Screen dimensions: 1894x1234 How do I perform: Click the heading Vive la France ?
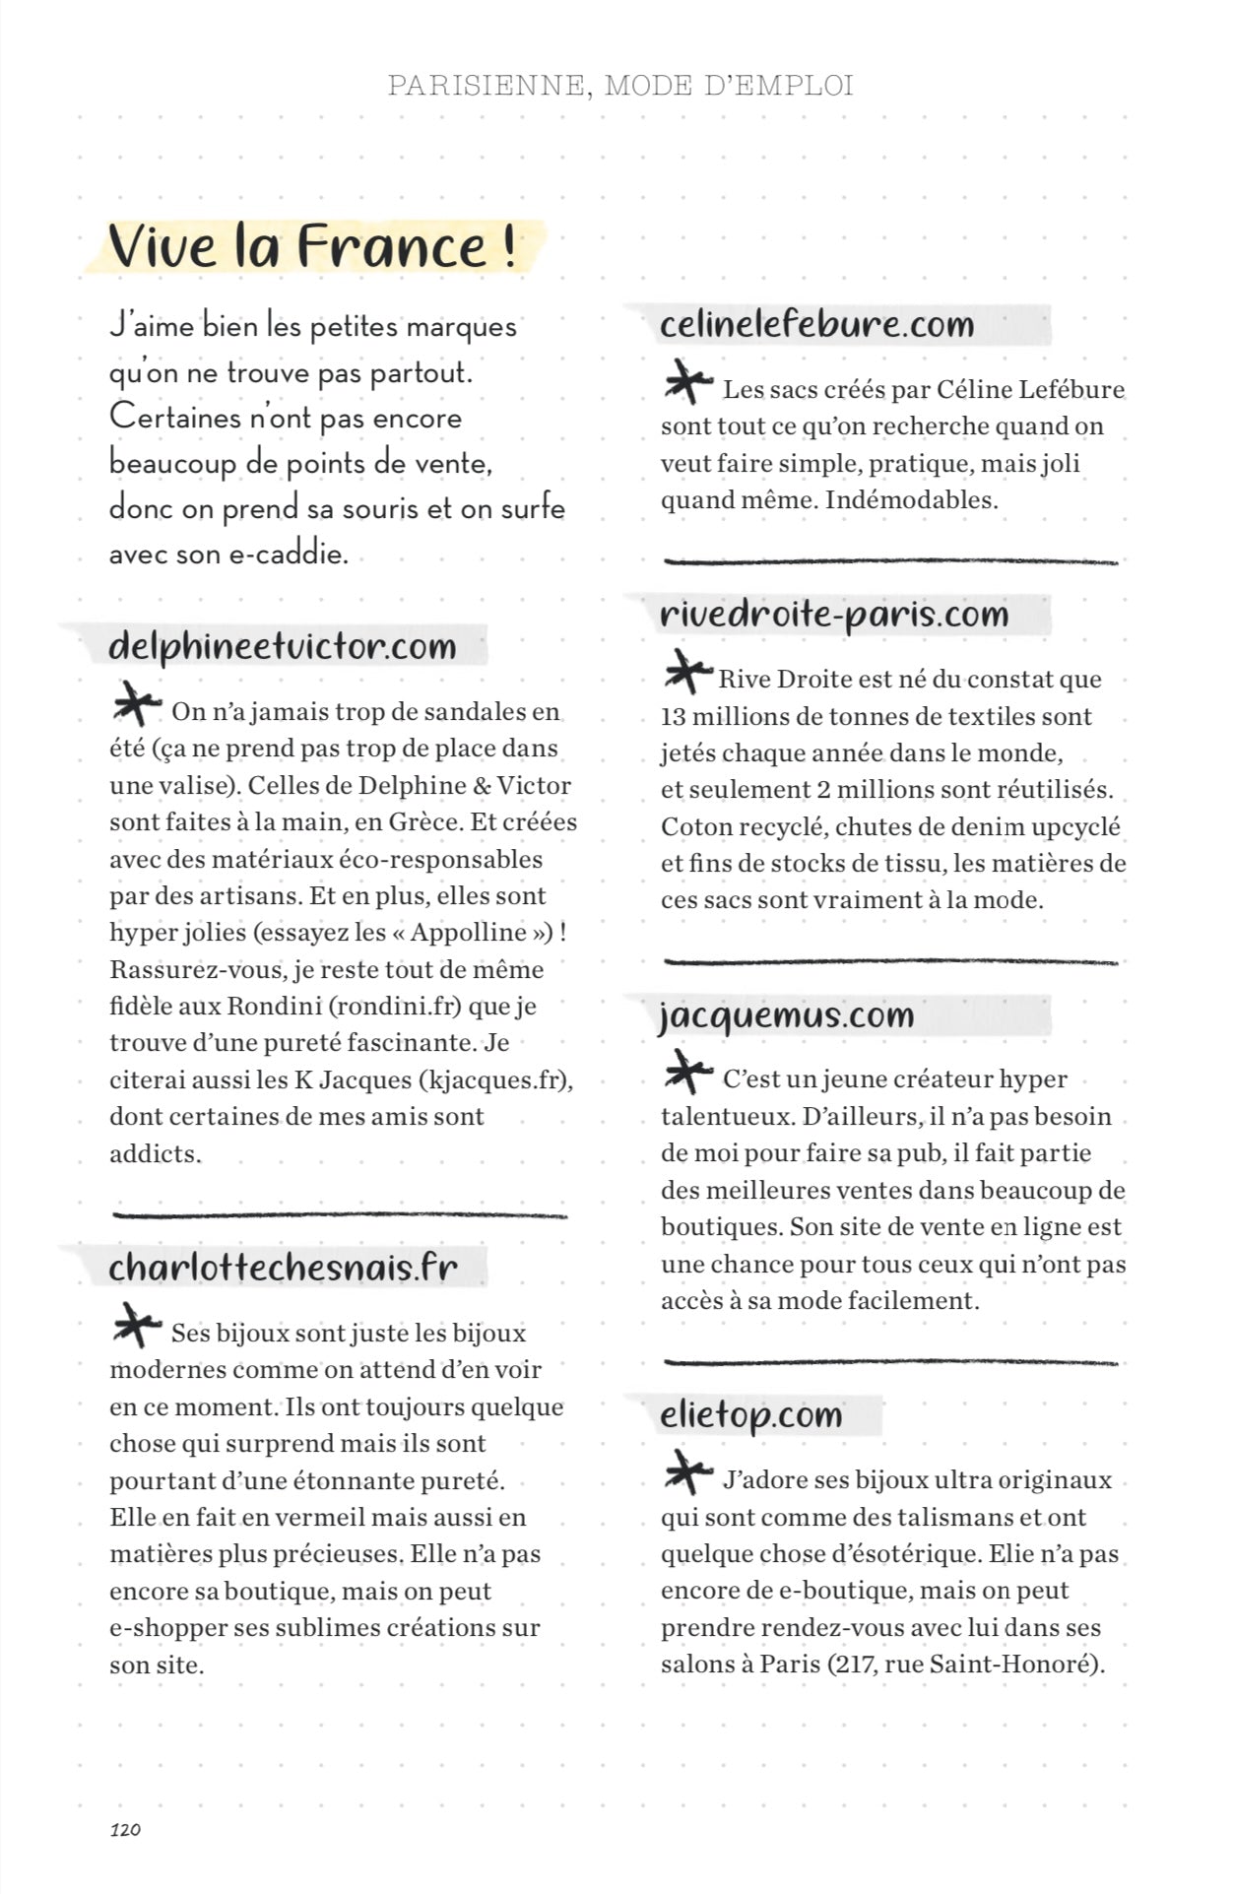[x=312, y=246]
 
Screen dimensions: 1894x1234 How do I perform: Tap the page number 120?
[x=125, y=1829]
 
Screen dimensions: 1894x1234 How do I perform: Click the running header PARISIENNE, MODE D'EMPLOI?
[x=619, y=86]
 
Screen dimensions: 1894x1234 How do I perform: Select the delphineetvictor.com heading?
[x=283, y=646]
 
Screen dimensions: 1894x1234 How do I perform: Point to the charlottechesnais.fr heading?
[x=284, y=1267]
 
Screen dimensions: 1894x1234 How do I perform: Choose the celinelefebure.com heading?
[x=816, y=324]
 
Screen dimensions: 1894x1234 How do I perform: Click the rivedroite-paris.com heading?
[x=834, y=614]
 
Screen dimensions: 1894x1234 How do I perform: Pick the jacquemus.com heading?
[x=787, y=1014]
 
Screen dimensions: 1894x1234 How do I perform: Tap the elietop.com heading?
[x=751, y=1414]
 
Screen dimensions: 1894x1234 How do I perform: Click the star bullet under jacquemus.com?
[x=687, y=1073]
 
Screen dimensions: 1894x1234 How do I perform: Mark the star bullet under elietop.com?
[x=687, y=1473]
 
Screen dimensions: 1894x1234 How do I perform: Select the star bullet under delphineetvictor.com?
[x=136, y=705]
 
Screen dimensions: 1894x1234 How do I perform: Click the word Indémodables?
[x=911, y=499]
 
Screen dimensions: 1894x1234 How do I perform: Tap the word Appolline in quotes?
[x=468, y=933]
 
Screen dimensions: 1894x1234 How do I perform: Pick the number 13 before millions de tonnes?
[x=673, y=716]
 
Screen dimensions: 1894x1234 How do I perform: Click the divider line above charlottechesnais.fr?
[x=340, y=1214]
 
